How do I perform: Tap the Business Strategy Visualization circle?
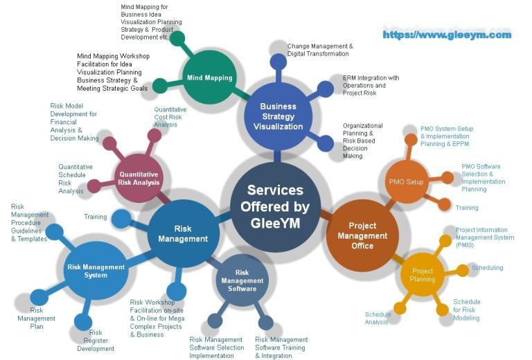(x=282, y=116)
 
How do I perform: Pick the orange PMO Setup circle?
(x=406, y=182)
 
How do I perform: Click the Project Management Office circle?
(x=362, y=235)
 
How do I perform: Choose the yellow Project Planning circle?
(x=423, y=275)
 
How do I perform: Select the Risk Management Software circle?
(x=242, y=281)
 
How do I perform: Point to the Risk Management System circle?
(x=96, y=271)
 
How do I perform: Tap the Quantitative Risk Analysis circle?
(x=139, y=178)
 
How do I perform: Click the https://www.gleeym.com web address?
(x=447, y=35)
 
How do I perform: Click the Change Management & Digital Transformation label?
(x=320, y=50)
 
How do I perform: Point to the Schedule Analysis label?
(x=378, y=318)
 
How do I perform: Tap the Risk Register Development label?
(x=96, y=341)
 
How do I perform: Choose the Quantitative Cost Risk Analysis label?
(x=170, y=117)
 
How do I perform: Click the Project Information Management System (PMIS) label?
(x=485, y=237)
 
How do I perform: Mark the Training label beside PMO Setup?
(x=467, y=208)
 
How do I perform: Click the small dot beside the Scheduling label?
(x=462, y=270)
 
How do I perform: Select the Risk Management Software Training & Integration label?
(x=281, y=348)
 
